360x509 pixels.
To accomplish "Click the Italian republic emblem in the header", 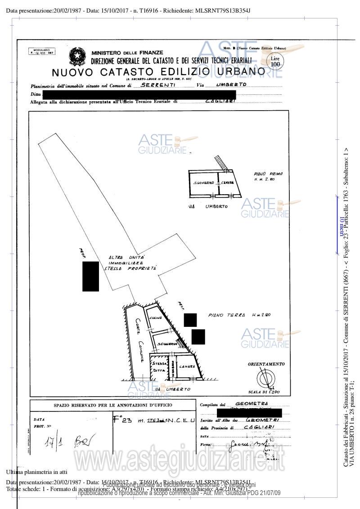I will [77, 57].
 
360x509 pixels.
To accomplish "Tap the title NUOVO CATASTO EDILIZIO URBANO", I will [158, 72].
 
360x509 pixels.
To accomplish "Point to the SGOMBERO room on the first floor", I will [203, 183].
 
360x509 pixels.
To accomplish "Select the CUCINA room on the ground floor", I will [156, 317].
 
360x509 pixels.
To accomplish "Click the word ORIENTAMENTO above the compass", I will [266, 364].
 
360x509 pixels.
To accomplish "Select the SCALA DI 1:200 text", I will [263, 392].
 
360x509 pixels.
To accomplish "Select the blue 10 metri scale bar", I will [337, 225].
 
